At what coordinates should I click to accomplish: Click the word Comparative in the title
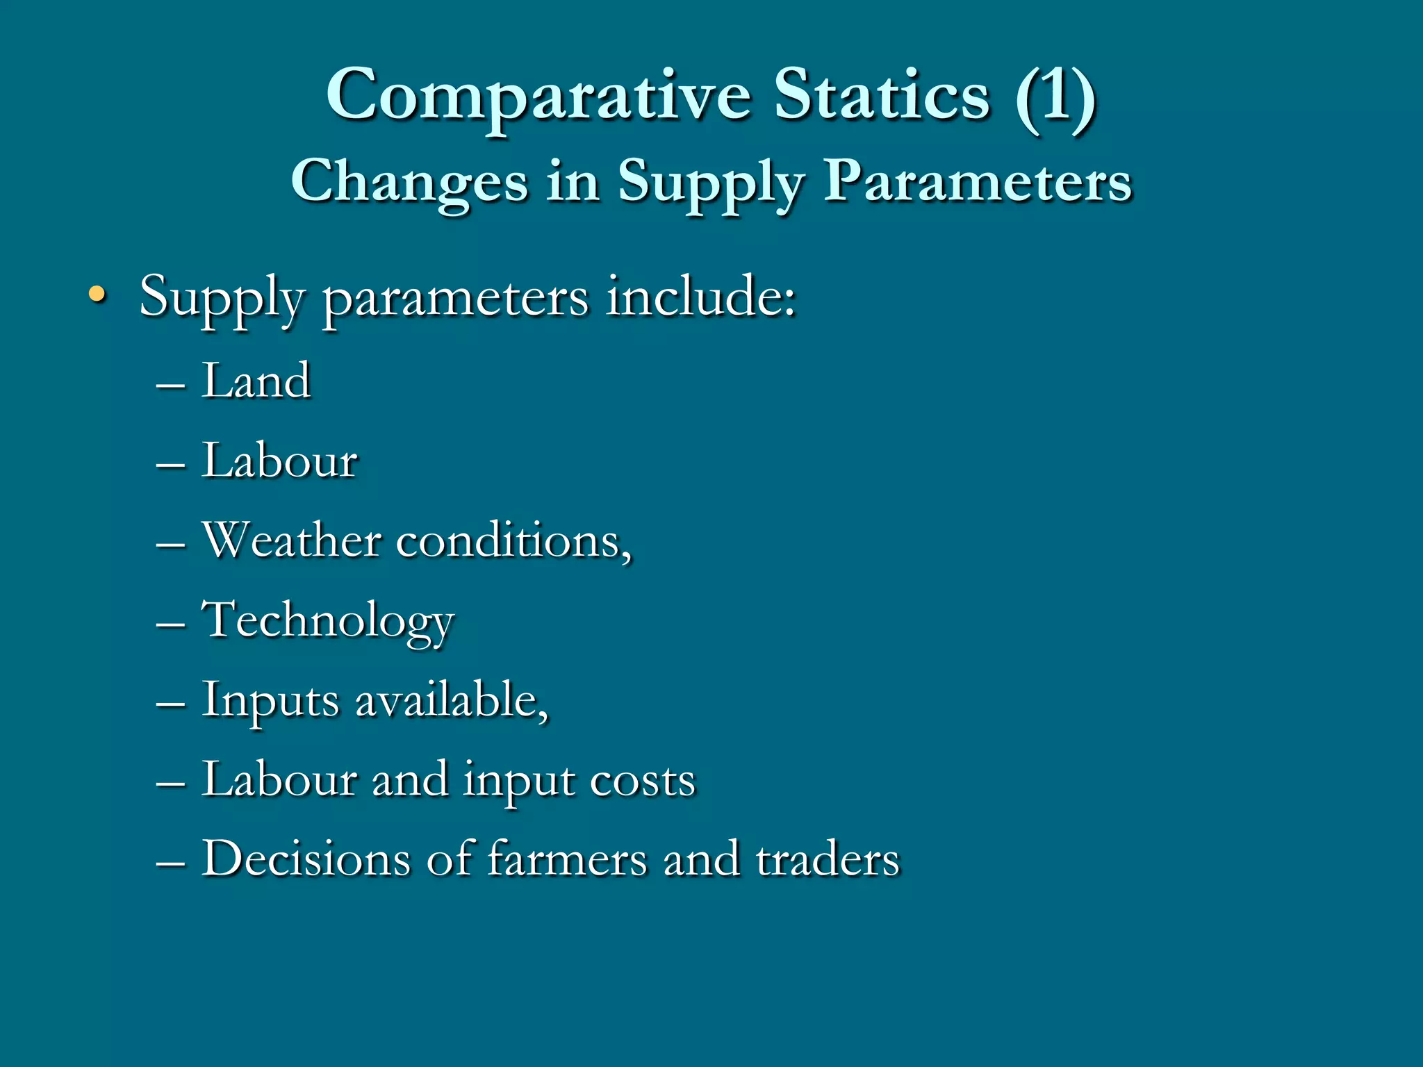[538, 96]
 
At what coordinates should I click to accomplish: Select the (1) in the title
[1055, 96]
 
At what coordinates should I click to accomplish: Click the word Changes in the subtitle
[409, 181]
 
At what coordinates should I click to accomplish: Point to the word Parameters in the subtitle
[978, 181]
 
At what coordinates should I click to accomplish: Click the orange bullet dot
[97, 295]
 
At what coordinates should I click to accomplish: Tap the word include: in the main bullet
[700, 297]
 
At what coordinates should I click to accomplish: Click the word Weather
[292, 540]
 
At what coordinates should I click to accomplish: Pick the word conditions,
[514, 541]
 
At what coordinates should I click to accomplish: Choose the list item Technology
[328, 620]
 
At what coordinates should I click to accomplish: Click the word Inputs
[271, 700]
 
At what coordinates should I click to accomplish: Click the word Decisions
[306, 859]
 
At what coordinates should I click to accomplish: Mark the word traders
[828, 859]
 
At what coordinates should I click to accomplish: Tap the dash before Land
[171, 384]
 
